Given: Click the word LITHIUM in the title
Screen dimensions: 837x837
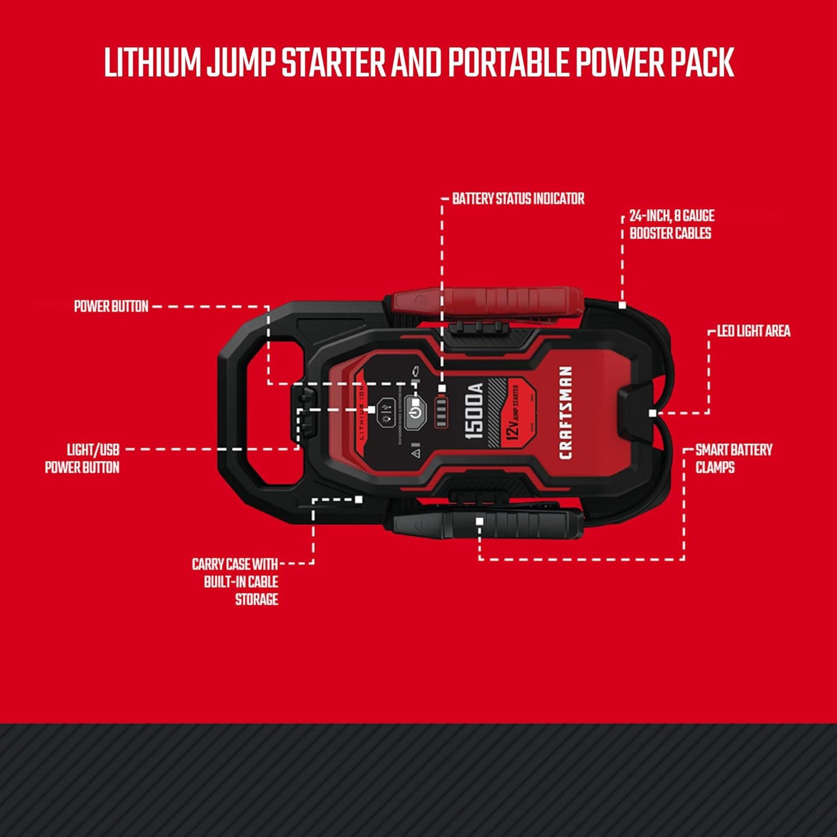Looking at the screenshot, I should coord(152,62).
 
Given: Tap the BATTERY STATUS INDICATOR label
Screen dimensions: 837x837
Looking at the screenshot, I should coord(518,199).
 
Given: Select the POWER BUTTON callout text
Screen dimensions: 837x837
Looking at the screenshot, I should coord(111,306).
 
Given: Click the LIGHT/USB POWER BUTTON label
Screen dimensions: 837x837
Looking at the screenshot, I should coord(83,459).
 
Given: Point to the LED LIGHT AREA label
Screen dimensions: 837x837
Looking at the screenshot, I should coord(753,331).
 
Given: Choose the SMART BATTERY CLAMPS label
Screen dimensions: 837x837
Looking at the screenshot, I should coord(733,459).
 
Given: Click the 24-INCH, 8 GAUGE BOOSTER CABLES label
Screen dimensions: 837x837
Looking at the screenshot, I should coord(671,224).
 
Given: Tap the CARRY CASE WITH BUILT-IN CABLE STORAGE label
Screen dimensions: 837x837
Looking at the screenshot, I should coord(235,582).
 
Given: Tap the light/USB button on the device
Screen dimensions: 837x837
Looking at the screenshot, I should coord(386,413).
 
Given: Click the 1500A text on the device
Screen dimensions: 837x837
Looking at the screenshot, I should coord(474,411).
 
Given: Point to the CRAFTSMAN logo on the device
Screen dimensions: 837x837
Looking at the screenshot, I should coord(565,412).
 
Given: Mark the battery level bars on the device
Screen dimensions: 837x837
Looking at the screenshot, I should coord(441,413).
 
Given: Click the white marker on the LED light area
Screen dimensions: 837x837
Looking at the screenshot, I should coord(652,413).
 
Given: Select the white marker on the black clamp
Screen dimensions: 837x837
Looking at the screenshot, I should coord(479,521).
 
